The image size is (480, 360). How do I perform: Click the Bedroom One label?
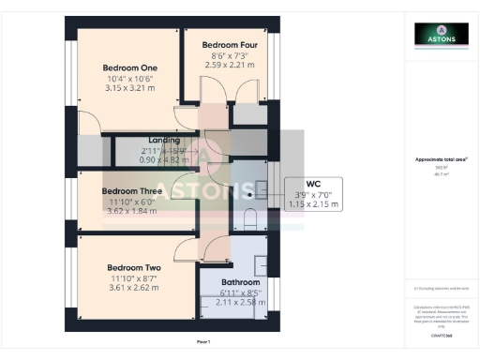(x=130, y=68)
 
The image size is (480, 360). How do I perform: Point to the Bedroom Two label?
(x=132, y=267)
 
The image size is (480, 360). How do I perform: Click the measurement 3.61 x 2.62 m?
(x=132, y=288)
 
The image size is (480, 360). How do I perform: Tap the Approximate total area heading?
(x=441, y=159)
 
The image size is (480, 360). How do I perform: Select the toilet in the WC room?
(x=250, y=219)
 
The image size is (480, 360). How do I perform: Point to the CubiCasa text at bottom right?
(x=441, y=333)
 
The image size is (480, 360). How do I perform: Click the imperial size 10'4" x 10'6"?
(x=130, y=79)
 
